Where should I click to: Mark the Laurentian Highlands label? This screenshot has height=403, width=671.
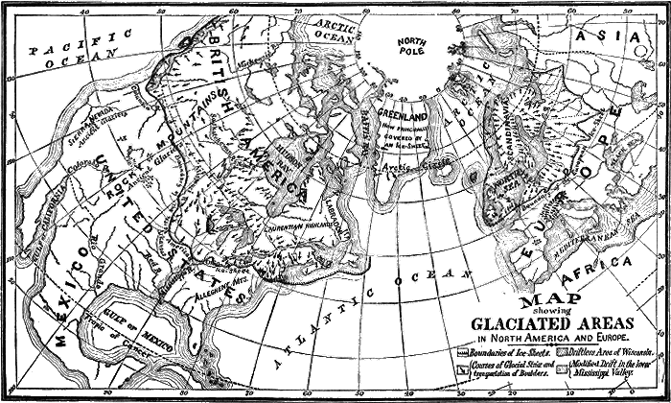pyautogui.click(x=320, y=224)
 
